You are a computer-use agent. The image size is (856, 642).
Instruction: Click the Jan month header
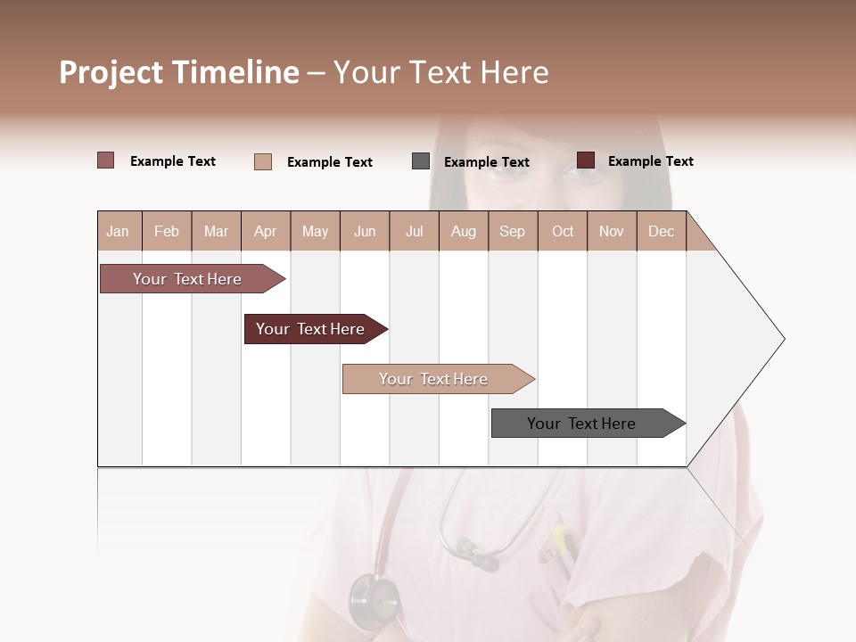tap(118, 231)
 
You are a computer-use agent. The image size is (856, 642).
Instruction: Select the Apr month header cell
tap(265, 231)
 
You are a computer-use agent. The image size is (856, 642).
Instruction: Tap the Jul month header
tap(414, 231)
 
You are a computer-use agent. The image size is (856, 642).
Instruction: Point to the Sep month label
tap(512, 231)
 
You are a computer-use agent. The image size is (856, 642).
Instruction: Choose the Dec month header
tap(661, 231)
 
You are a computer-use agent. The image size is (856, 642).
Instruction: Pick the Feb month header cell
tap(167, 231)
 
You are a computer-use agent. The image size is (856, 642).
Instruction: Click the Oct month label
tap(563, 231)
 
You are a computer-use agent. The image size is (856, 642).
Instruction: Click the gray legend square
tap(421, 161)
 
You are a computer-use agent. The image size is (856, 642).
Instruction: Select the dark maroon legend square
tap(586, 160)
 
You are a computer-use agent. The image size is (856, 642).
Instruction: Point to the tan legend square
tap(263, 161)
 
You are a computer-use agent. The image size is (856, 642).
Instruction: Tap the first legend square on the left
tap(106, 160)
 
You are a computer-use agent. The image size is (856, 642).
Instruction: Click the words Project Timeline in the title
tap(178, 72)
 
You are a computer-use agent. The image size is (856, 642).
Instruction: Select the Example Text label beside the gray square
tap(486, 162)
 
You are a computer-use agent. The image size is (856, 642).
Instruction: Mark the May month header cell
tap(315, 231)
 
